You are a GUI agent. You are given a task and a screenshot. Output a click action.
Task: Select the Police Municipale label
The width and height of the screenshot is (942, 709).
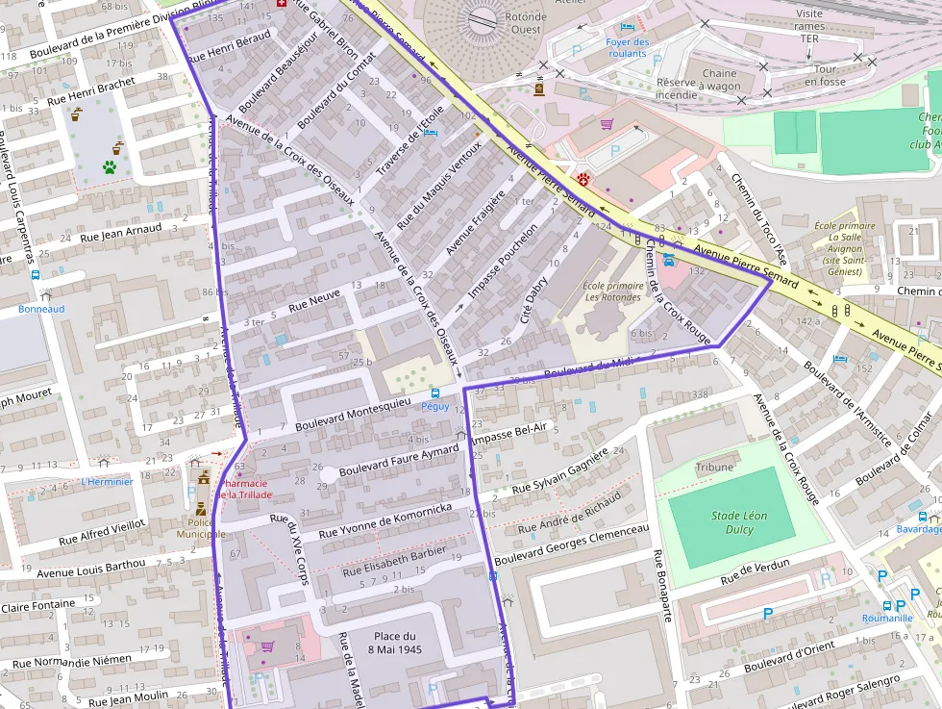pos(200,527)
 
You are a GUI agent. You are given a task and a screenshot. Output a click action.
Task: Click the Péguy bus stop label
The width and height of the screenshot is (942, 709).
pos(435,406)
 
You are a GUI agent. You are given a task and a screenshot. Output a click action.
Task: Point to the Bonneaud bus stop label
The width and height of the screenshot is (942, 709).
pos(41,309)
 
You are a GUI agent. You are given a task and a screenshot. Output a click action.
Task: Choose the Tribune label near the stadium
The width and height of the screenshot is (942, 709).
pos(714,467)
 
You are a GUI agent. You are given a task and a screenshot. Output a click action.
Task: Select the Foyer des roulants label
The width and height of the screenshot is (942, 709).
pos(627,48)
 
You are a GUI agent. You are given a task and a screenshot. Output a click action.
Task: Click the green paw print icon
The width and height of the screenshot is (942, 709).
pos(110,166)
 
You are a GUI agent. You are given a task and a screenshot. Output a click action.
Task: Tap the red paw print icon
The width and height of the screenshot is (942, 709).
pos(583,178)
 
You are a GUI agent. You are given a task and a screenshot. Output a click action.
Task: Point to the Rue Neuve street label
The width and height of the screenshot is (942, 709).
pos(314,303)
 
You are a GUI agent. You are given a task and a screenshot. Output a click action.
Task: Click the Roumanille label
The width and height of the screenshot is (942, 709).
pos(886,619)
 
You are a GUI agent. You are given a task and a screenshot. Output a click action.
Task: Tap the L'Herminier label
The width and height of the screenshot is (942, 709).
pos(107,481)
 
